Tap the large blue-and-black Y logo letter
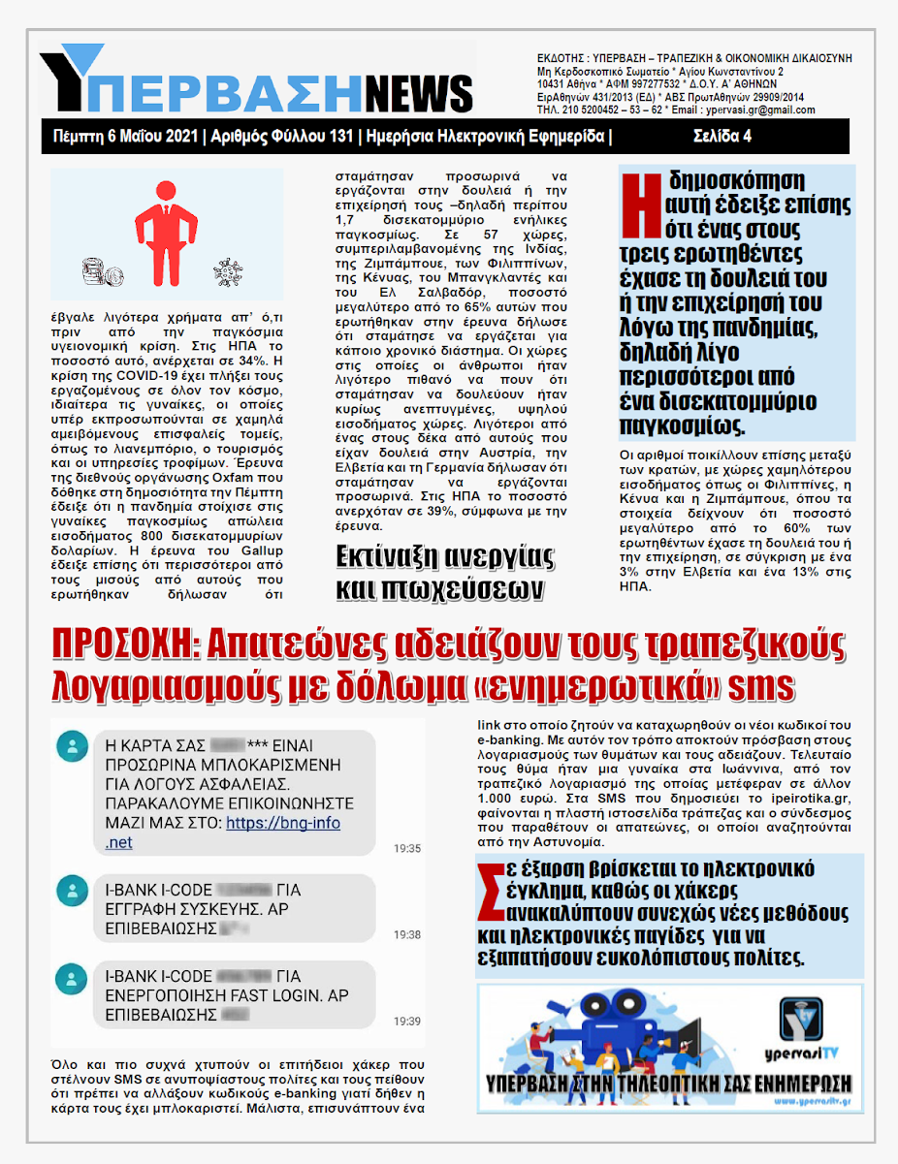[74, 78]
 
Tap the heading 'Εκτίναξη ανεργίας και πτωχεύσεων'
[444, 573]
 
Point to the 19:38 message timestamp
[407, 935]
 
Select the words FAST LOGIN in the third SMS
[250, 995]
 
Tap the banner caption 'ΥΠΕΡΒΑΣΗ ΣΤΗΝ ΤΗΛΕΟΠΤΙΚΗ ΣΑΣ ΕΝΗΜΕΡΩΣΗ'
[669, 1084]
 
